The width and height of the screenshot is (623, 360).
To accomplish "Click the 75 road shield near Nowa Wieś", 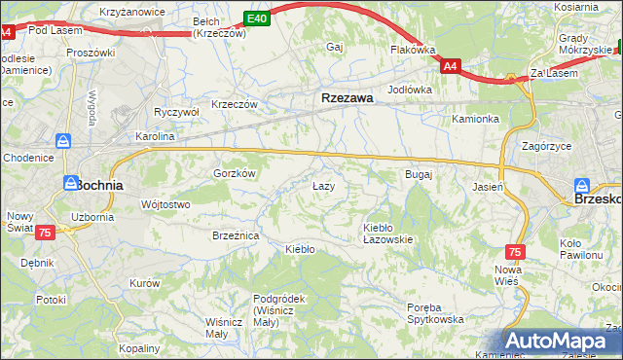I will coord(515,252).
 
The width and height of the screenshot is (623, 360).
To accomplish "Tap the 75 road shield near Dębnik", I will coord(44,233).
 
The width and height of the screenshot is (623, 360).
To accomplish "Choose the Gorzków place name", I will coord(234,173).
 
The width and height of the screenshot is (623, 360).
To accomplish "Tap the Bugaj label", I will coord(418,174).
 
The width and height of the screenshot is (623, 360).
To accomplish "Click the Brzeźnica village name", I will coord(235,235).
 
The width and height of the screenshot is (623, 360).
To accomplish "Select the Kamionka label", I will coord(475,120).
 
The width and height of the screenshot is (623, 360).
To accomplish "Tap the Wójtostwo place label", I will coord(165,204).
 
